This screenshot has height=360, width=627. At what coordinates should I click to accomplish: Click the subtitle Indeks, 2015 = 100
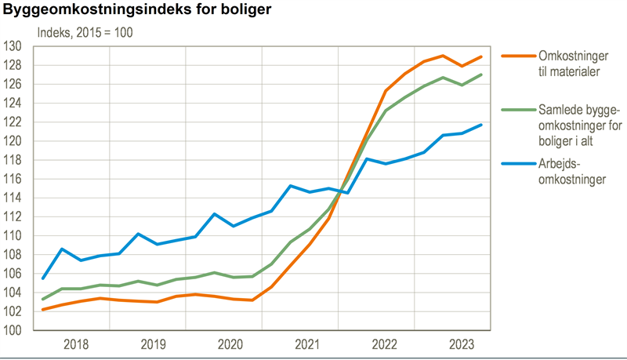click(x=85, y=33)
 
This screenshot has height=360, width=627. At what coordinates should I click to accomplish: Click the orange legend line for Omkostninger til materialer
click(x=516, y=57)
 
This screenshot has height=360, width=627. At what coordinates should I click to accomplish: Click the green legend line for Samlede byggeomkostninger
click(x=516, y=111)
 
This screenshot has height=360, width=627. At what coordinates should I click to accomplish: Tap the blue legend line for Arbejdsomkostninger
click(x=516, y=164)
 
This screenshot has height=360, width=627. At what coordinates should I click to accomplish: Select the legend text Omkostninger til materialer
click(x=571, y=64)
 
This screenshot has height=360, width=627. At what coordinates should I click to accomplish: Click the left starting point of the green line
click(x=42, y=299)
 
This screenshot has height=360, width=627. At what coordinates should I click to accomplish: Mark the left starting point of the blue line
click(x=42, y=278)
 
